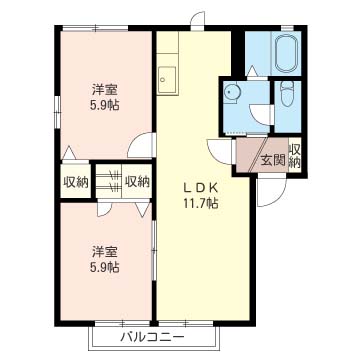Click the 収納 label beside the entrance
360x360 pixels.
click(295, 157)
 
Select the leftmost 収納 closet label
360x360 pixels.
click(76, 182)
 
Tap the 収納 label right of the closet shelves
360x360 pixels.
click(138, 182)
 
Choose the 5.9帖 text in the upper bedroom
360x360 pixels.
click(105, 106)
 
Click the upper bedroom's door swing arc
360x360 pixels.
click(143, 143)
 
